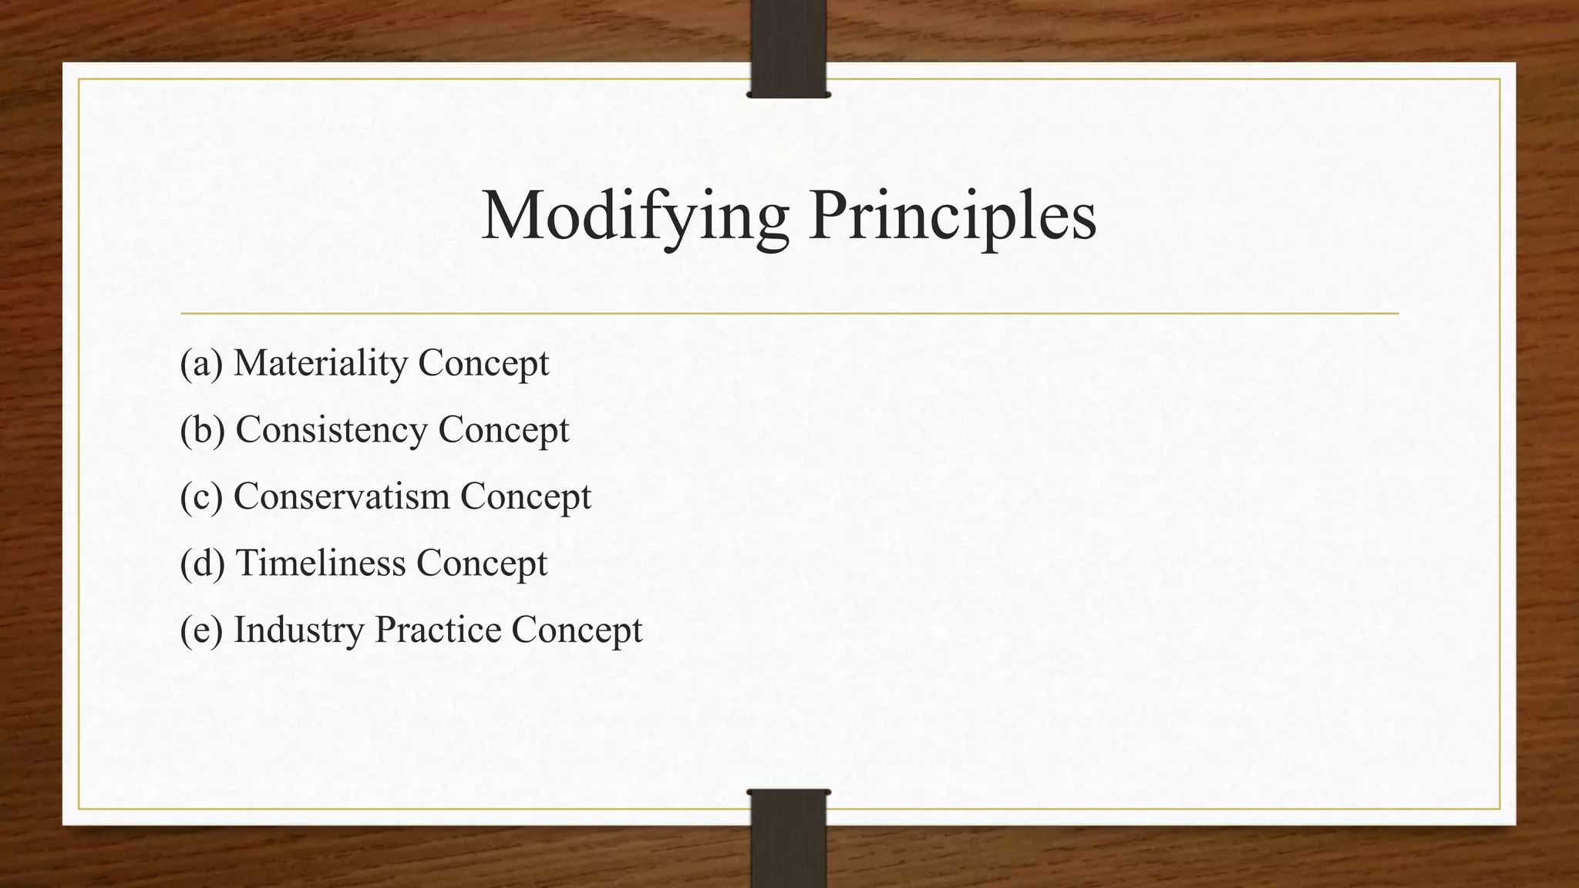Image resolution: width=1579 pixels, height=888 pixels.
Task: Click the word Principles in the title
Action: (x=953, y=216)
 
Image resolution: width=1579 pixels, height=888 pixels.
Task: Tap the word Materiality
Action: (x=321, y=363)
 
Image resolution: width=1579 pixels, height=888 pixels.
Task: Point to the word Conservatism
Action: (x=342, y=496)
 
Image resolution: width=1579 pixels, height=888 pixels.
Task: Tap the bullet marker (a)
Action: (x=201, y=363)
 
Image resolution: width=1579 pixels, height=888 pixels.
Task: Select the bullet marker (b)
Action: (x=202, y=430)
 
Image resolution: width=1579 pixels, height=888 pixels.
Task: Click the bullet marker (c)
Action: (x=201, y=496)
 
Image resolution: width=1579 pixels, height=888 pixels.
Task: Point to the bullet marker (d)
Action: (x=202, y=563)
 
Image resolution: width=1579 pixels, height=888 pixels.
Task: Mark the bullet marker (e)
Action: (x=201, y=630)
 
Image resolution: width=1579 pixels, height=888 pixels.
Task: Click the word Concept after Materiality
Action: (x=483, y=363)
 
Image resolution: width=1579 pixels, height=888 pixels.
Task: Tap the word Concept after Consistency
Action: (x=503, y=430)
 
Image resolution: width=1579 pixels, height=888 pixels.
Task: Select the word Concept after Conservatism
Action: (x=526, y=496)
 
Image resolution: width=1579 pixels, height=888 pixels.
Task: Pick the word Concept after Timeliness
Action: (x=482, y=563)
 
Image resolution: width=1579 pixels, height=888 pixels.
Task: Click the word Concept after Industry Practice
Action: (x=577, y=630)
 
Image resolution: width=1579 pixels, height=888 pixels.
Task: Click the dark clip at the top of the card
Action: (x=788, y=48)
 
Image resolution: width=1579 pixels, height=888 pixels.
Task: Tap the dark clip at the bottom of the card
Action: (x=788, y=839)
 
